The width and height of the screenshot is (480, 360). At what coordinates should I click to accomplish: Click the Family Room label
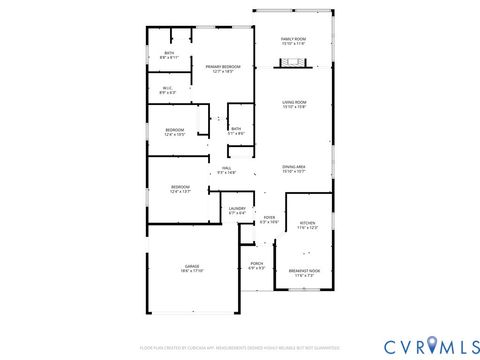[x=293, y=40]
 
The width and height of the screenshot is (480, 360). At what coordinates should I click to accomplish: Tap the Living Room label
[x=293, y=103]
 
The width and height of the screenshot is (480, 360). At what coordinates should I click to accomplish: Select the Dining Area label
[x=293, y=168]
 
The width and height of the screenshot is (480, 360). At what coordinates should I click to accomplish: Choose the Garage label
[x=192, y=267]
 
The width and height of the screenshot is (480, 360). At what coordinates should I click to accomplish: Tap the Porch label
[x=256, y=264]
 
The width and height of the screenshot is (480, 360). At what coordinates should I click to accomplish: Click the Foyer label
[x=269, y=217]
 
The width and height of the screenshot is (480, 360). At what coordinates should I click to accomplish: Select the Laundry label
[x=237, y=209]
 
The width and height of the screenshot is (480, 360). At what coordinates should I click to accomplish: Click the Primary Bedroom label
[x=222, y=67]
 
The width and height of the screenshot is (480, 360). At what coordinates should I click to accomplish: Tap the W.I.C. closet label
[x=168, y=89]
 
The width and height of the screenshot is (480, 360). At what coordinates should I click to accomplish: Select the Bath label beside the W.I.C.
[x=169, y=54]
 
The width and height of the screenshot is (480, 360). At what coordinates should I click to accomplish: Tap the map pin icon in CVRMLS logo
[x=434, y=346]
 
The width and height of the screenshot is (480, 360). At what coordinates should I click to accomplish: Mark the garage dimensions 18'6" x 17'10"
[x=192, y=271]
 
